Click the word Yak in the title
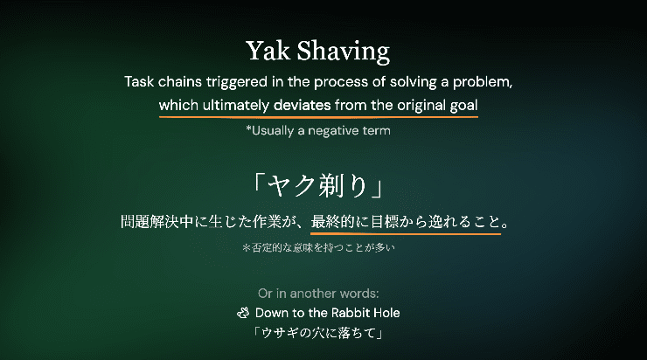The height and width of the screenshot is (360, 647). coord(268,51)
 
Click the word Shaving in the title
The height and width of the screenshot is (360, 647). coord(344,52)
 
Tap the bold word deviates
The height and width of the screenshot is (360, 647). coord(302,105)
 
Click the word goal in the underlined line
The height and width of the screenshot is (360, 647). coord(463,106)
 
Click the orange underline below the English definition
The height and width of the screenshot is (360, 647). coord(318,117)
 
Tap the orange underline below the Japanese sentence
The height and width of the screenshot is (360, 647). coord(406,234)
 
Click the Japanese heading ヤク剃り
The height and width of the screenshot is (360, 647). coord(318,185)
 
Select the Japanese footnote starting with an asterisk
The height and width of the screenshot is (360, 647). coord(318,247)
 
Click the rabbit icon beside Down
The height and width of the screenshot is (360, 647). coord(243,313)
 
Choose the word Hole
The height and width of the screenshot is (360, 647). coord(386,313)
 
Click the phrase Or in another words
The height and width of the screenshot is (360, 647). coord(318,294)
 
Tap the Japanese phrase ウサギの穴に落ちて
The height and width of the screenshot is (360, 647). coord(318,333)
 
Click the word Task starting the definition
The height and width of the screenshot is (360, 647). coord(140,81)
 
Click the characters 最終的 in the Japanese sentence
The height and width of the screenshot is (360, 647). coord(332,222)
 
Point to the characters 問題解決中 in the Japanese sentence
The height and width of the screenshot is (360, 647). coord(157,222)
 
